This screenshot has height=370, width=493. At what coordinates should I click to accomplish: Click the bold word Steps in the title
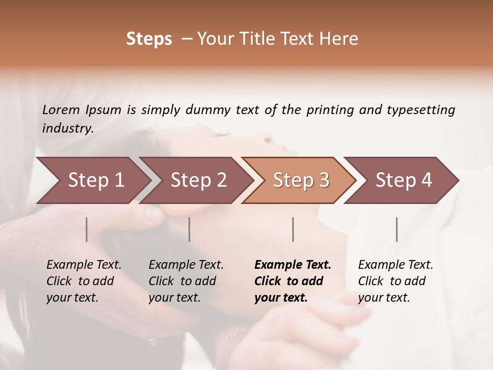click(149, 39)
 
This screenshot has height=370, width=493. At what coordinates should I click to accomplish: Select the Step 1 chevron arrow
click(96, 180)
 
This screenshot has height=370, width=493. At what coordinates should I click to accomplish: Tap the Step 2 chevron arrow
click(198, 180)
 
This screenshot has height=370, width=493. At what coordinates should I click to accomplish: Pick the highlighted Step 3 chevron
click(301, 180)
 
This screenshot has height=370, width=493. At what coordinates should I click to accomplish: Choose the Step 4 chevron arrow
click(404, 180)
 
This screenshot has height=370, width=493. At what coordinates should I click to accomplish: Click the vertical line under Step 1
click(87, 229)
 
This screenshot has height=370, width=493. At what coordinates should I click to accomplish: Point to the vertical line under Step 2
click(189, 229)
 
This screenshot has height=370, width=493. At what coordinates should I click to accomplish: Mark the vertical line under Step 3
click(293, 229)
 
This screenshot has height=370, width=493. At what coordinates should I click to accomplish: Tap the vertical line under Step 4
click(396, 229)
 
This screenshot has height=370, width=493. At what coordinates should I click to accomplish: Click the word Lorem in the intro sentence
click(61, 110)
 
